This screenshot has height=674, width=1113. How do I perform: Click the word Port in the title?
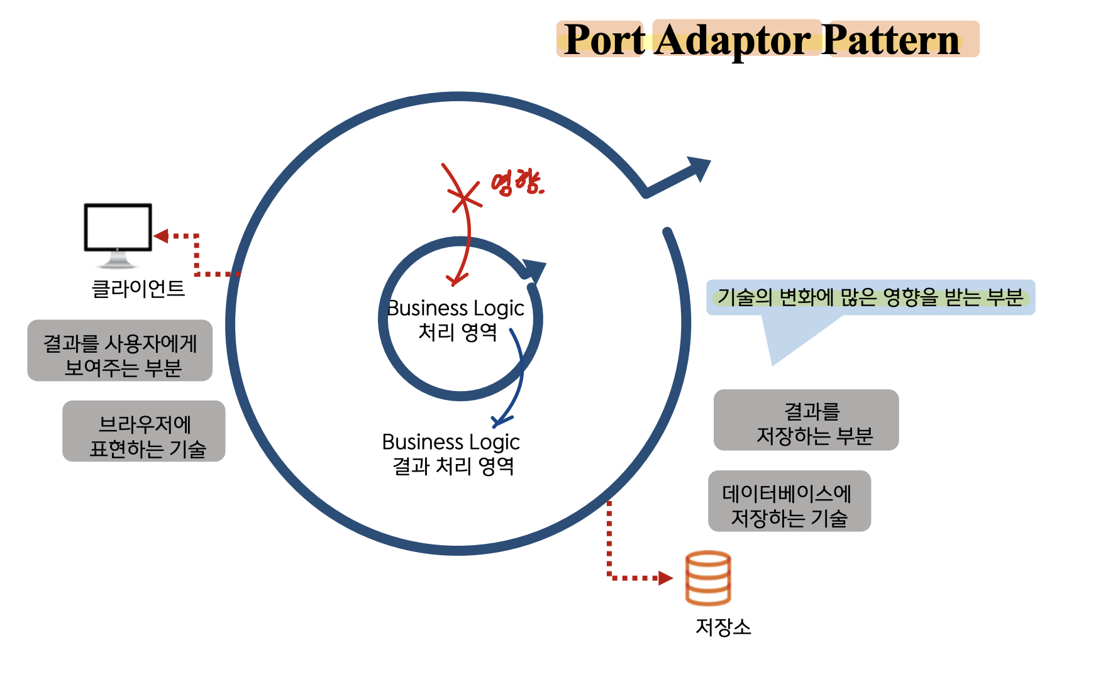click(604, 40)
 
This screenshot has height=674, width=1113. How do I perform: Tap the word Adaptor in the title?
click(733, 41)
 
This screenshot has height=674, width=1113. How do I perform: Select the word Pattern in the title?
click(890, 40)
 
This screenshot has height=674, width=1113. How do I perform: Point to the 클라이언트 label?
click(138, 289)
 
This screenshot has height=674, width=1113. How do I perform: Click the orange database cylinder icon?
click(708, 578)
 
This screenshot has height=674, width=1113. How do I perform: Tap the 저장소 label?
click(723, 627)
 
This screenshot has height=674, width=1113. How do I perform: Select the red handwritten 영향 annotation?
click(517, 183)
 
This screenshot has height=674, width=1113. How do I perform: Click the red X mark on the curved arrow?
click(464, 199)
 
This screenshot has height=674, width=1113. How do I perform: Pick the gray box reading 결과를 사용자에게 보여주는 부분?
click(119, 350)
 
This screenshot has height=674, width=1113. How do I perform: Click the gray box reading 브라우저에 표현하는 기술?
click(144, 431)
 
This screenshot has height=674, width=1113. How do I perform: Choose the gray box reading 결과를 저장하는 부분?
click(806, 420)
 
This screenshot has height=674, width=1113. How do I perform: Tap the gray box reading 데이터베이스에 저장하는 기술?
click(789, 501)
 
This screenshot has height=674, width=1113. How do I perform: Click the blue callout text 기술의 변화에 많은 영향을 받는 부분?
click(870, 297)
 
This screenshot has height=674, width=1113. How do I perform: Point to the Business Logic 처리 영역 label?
click(456, 319)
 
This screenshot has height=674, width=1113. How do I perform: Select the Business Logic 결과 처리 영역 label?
click(451, 453)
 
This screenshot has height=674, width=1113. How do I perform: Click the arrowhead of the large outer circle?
click(698, 168)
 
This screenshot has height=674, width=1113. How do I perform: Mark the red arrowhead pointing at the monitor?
click(161, 236)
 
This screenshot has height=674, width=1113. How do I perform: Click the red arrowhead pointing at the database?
click(665, 578)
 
